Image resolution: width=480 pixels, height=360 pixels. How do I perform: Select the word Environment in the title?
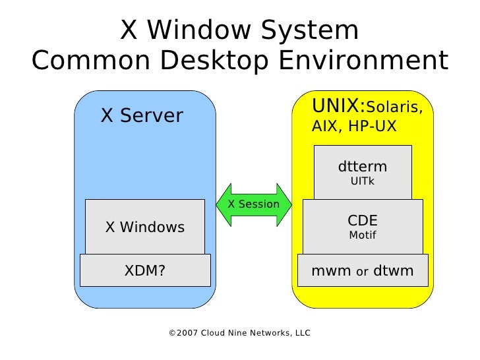point(362,61)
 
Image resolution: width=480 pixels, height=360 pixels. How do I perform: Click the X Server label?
point(142,116)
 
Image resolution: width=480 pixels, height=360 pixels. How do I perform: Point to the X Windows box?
point(145,227)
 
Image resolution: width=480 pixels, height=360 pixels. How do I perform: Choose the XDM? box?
point(145,270)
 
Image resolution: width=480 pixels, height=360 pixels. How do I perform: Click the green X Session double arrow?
point(254,204)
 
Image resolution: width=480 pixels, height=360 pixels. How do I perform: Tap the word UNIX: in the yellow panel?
point(338,105)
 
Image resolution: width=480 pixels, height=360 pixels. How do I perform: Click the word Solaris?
point(394,107)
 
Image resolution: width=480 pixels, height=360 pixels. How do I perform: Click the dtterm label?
point(363,166)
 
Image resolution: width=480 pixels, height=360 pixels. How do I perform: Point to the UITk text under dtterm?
point(363,181)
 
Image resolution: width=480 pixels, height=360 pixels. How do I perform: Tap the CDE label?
point(363,220)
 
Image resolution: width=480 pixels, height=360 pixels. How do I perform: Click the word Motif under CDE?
point(363,235)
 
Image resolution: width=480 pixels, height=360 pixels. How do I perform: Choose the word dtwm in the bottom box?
point(394,270)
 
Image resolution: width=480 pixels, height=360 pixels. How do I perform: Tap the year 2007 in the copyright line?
point(187,333)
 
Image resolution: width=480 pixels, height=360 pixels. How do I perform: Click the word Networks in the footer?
point(264,333)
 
